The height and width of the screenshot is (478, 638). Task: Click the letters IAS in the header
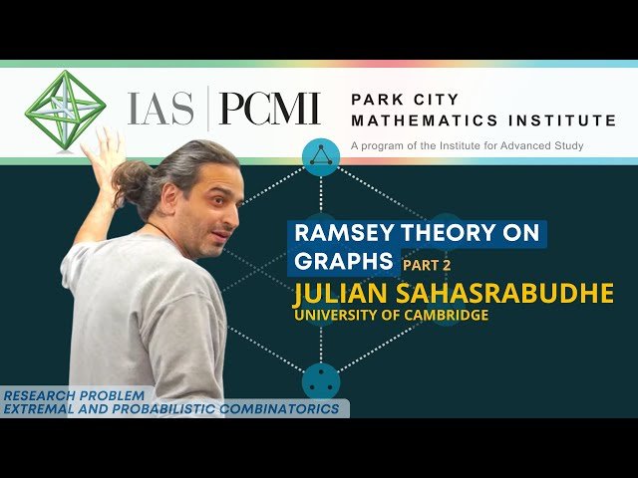(x=159, y=108)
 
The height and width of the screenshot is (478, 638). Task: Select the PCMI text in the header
(x=269, y=108)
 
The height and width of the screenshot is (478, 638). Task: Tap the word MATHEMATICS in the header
(x=418, y=120)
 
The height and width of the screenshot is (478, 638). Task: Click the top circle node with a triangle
(x=321, y=155)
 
